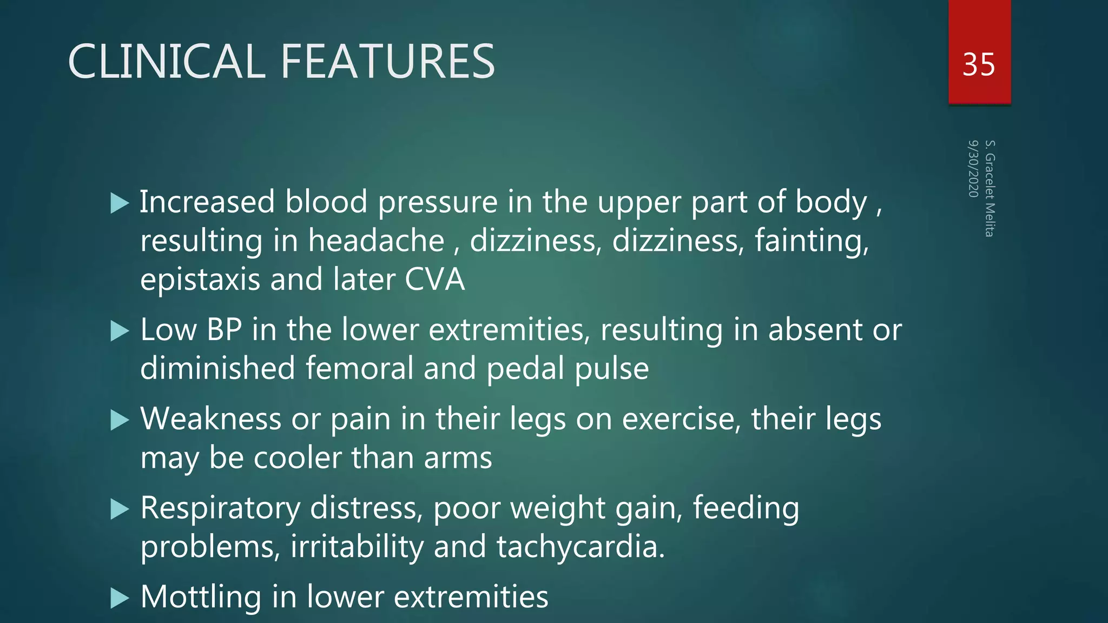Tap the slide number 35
coord(979,65)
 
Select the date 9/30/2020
coord(973,169)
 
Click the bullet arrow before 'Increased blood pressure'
coord(120,203)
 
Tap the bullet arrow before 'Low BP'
coord(120,331)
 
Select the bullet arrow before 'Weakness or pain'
coord(120,420)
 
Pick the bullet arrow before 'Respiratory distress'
coord(120,509)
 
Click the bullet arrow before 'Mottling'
coord(120,598)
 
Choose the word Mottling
coord(201,597)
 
